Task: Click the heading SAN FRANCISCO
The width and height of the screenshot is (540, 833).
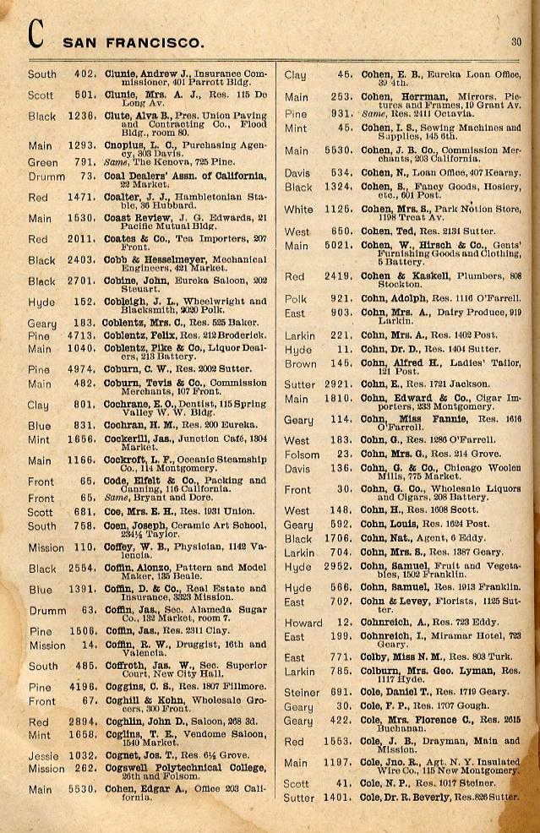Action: point(134,42)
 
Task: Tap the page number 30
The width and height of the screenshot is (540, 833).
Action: point(515,40)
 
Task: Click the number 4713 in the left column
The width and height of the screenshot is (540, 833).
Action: point(82,335)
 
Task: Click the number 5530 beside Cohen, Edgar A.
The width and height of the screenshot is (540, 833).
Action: point(82,790)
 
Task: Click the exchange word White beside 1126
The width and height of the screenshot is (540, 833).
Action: point(299,210)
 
